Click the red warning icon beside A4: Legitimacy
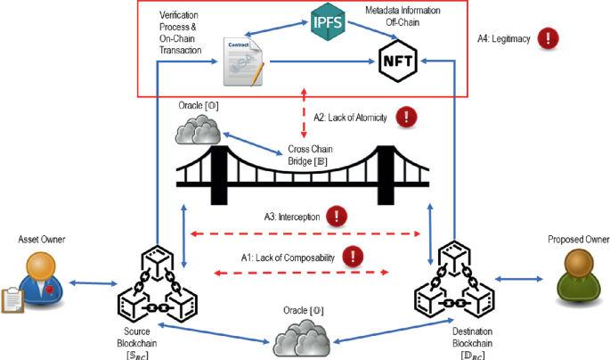[x=550, y=38]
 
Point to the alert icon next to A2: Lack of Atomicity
[x=407, y=116]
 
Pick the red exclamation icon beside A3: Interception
[x=337, y=216]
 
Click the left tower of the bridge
[x=217, y=174]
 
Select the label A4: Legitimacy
[x=502, y=38]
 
